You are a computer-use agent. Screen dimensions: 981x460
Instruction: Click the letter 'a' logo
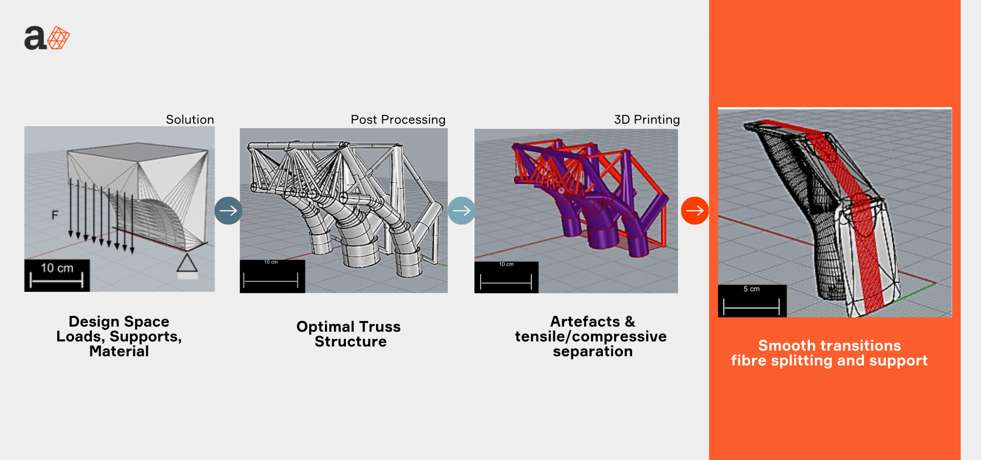35,38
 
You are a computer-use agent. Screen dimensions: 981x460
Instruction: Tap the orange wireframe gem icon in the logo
59,38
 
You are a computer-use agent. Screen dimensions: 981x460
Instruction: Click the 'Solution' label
190,120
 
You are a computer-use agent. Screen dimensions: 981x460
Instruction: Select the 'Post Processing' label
398,120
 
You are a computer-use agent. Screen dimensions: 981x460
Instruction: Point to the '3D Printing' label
647,120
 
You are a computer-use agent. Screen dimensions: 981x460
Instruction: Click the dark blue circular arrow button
228,211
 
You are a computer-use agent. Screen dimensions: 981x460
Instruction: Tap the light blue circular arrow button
461,211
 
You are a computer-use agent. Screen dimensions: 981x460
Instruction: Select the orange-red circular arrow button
695,211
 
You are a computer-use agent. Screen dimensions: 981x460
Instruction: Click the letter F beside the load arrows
55,215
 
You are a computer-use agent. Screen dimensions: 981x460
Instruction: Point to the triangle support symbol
187,263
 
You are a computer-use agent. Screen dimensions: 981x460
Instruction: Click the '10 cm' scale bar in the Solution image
57,275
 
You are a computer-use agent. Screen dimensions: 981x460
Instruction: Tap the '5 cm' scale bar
752,301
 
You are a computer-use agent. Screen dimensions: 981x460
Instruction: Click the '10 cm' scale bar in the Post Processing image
272,277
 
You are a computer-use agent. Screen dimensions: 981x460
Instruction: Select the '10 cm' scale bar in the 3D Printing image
506,278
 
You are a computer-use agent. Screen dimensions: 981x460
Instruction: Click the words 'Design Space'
119,321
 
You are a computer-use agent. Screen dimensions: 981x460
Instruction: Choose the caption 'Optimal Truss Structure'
349,334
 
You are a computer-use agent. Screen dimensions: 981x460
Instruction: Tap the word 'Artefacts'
585,321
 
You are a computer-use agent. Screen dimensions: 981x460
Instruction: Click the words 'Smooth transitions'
830,346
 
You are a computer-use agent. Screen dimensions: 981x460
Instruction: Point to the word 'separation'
593,352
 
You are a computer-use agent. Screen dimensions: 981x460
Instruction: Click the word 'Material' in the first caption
119,351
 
